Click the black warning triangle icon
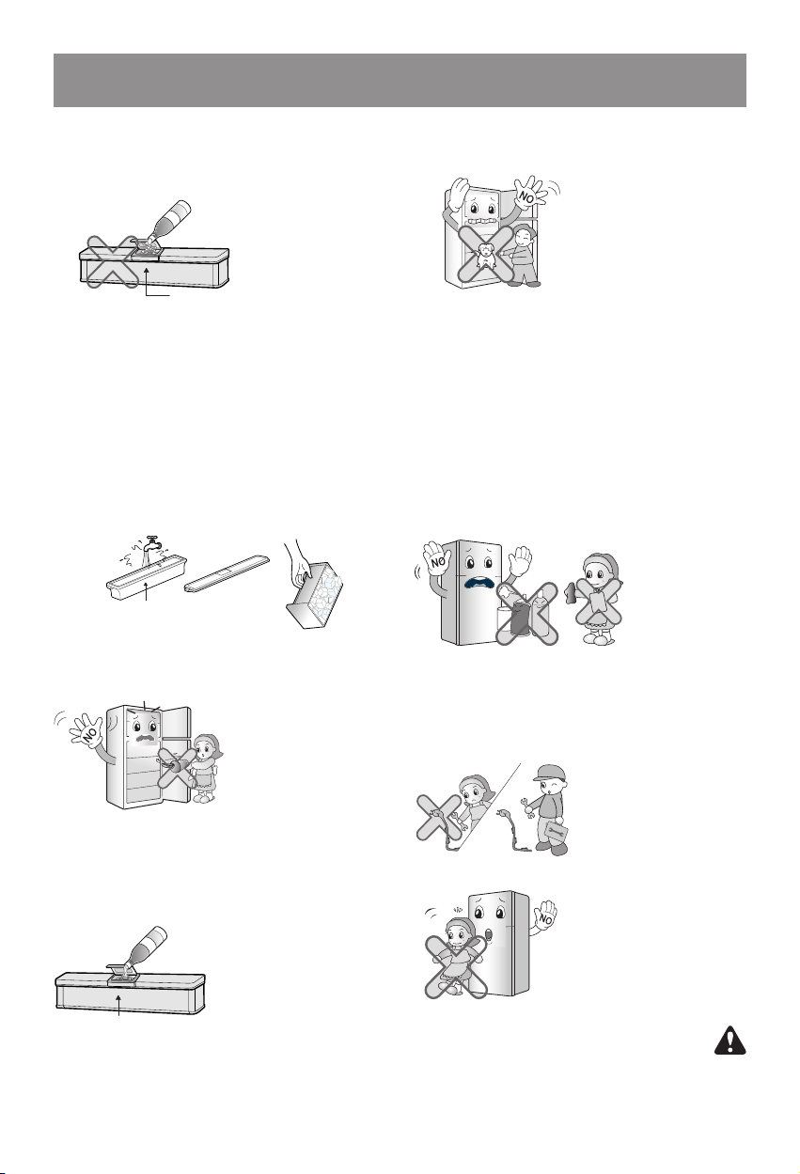click(729, 1041)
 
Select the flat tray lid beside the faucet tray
click(227, 573)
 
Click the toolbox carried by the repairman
click(557, 830)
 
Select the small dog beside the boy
click(484, 258)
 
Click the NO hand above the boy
click(530, 194)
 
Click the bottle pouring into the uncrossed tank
click(145, 947)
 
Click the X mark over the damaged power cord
click(439, 817)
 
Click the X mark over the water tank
click(112, 261)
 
